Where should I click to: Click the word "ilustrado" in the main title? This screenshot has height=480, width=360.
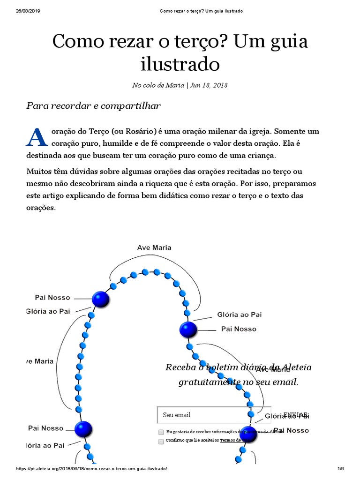coord(180,64)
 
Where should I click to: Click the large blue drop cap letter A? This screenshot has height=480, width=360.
coord(37,137)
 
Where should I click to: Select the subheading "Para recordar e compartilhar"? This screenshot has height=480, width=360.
coord(93,105)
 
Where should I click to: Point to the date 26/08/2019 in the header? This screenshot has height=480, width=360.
coord(28,11)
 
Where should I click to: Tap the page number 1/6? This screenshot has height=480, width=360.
coord(341,469)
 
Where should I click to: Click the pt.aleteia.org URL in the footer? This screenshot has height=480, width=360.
coord(92,469)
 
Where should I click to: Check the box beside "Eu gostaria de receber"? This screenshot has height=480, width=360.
coord(161,432)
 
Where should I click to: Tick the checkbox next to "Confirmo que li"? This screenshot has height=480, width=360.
coord(161,441)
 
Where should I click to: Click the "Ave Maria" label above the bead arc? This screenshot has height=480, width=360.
coord(154,247)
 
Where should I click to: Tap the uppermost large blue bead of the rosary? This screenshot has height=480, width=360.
coord(100,299)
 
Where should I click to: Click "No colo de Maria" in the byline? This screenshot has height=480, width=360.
coord(158,85)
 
